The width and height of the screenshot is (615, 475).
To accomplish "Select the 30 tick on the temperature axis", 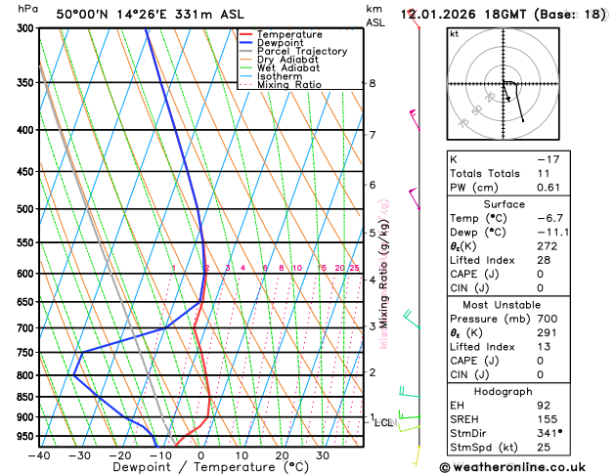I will click(323, 455).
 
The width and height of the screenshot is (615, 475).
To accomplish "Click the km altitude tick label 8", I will click(372, 84).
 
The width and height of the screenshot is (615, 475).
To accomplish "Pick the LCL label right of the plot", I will click(383, 423).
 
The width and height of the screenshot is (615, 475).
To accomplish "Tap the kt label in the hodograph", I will click(454, 33).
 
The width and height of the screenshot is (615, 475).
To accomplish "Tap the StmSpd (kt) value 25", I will click(544, 448).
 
